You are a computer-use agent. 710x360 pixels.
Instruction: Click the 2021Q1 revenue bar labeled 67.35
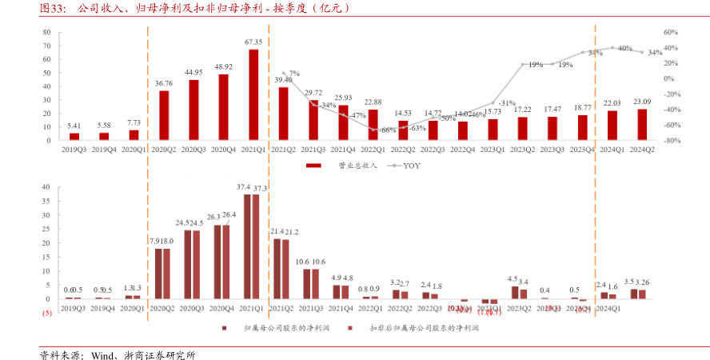(x=253, y=94)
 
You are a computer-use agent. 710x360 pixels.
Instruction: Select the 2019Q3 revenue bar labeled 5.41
(x=74, y=136)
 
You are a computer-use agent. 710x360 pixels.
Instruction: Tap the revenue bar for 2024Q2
(x=642, y=124)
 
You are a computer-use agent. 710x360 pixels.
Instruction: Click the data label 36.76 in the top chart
(x=164, y=83)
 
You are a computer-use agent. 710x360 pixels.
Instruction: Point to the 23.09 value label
(x=642, y=102)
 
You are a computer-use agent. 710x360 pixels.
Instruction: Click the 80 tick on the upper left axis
(x=46, y=33)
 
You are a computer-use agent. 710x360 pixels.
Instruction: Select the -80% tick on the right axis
(x=671, y=141)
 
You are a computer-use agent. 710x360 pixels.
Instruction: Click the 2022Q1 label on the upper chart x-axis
(x=373, y=149)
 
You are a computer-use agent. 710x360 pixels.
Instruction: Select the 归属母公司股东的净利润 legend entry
(x=272, y=328)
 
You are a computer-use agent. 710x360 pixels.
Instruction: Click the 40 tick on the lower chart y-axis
(x=46, y=187)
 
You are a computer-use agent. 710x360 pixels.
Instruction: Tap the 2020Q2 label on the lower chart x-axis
(x=164, y=308)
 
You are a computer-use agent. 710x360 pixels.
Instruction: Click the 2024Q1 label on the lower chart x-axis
(x=611, y=308)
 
